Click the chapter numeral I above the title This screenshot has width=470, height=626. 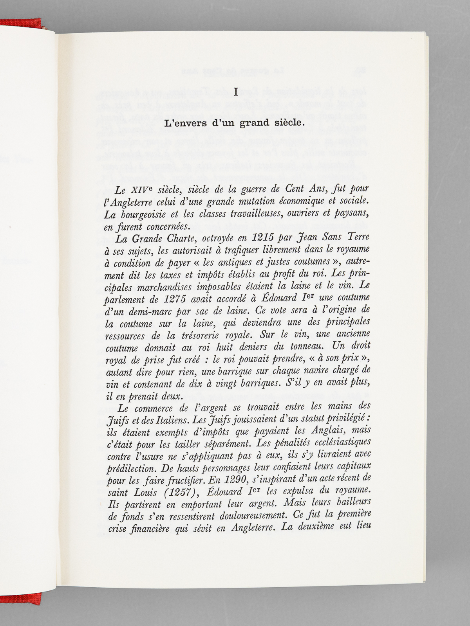tap(235, 92)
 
